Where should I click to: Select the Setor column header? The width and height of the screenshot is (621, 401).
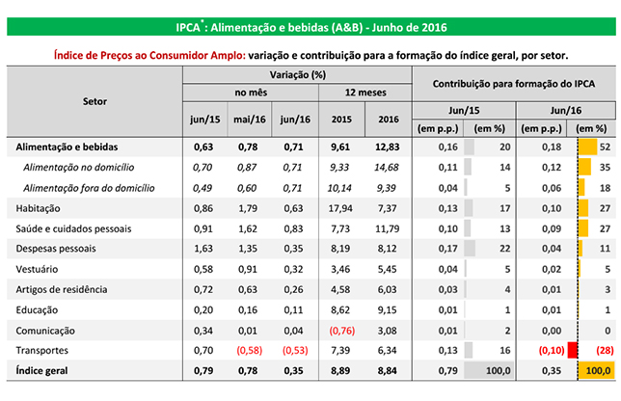point(94,100)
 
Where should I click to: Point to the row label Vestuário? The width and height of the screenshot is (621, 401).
point(36,269)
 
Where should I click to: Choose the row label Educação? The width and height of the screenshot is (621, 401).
point(36,309)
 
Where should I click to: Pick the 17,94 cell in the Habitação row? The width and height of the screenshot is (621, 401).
point(339,208)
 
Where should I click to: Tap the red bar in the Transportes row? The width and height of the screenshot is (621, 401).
point(573,350)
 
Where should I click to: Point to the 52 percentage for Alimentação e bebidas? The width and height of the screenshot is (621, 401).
point(605,147)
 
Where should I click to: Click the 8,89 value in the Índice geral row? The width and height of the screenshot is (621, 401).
point(339,371)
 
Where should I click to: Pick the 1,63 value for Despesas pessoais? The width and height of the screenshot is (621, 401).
point(202,249)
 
